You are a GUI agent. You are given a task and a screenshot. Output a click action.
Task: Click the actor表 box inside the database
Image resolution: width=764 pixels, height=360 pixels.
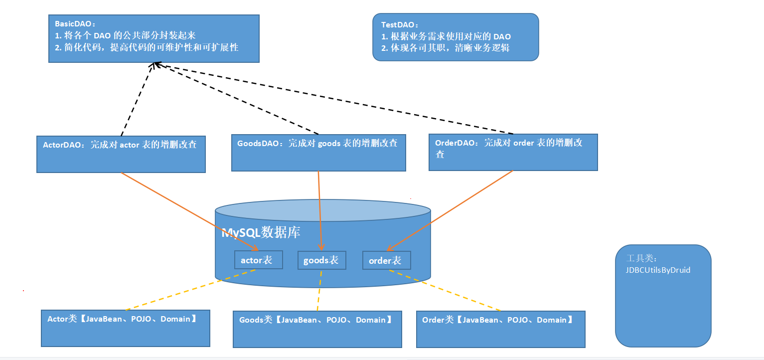(x=258, y=260)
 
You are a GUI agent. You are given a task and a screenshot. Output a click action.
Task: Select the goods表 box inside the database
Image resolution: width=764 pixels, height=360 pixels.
(x=321, y=260)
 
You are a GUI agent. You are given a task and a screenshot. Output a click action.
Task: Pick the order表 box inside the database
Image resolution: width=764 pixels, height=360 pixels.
(x=386, y=260)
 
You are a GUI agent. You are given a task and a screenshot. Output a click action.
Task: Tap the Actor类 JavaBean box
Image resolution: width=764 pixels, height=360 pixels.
(x=125, y=328)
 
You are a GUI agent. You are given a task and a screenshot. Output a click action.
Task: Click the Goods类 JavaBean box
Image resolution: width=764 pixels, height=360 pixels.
(x=317, y=329)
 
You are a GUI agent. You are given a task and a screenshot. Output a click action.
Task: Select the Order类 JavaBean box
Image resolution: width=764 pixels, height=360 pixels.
(x=500, y=329)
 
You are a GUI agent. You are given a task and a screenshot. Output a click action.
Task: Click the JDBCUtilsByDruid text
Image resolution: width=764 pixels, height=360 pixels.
(x=658, y=270)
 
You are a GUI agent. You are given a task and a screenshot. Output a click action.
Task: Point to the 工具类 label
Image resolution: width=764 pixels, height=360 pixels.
(x=642, y=258)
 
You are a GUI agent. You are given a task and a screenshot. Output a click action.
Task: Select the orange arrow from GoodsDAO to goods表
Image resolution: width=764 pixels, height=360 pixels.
(x=319, y=209)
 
